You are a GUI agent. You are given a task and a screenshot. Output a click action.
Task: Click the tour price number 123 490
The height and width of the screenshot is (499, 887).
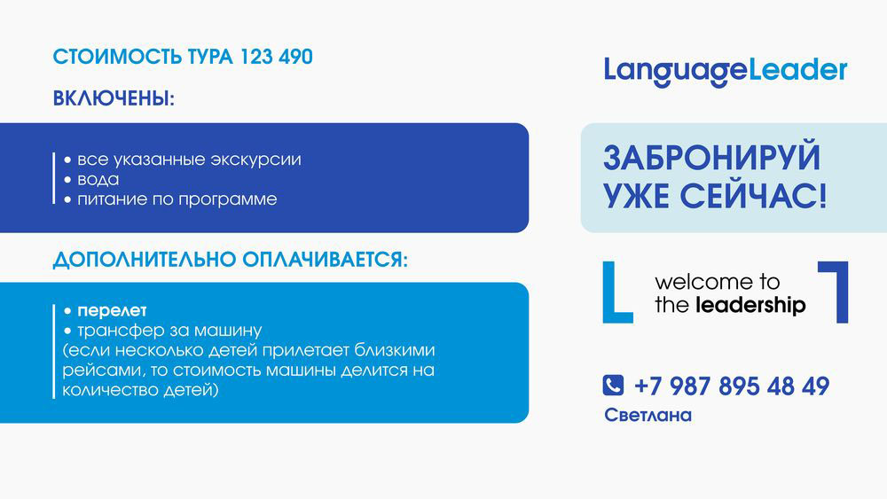click(x=277, y=57)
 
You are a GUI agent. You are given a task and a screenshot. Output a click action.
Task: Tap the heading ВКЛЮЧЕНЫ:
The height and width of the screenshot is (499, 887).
click(x=114, y=98)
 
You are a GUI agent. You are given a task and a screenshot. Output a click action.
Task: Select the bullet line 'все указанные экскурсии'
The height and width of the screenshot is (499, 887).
click(x=182, y=160)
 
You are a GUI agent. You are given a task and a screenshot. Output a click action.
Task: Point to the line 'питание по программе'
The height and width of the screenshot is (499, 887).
click(x=170, y=199)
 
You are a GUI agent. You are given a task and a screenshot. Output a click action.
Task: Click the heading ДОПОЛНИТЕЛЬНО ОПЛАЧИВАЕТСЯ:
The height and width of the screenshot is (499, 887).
click(x=231, y=260)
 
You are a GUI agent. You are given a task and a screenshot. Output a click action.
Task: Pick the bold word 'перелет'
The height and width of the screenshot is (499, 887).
click(x=112, y=310)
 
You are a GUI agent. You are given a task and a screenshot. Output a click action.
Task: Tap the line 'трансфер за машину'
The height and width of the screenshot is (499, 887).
click(x=162, y=330)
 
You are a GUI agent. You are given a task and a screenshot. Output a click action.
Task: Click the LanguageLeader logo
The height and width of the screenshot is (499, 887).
click(x=726, y=72)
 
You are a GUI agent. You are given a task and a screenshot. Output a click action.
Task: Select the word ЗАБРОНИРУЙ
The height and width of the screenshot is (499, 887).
click(x=711, y=158)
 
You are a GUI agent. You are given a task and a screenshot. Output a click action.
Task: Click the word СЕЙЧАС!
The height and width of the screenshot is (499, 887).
click(x=753, y=196)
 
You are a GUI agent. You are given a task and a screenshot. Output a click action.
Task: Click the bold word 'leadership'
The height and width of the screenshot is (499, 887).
click(x=750, y=305)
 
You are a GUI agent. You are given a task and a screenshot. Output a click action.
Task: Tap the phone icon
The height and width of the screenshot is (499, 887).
click(x=613, y=386)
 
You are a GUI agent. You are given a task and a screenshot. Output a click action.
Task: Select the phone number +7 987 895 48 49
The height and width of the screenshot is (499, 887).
click(x=732, y=386)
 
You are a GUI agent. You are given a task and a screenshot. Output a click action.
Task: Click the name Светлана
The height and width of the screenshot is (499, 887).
click(x=648, y=416)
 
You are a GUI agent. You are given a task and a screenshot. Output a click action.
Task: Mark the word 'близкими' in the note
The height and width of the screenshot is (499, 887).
click(x=395, y=350)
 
